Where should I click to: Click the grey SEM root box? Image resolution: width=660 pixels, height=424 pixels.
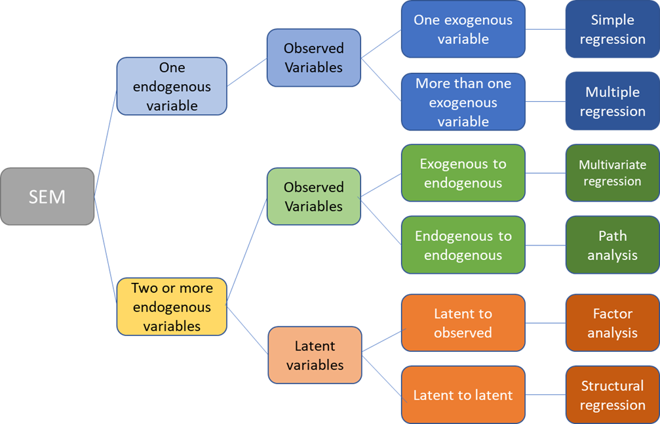click(x=47, y=196)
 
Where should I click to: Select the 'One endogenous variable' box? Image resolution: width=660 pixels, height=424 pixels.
click(x=172, y=86)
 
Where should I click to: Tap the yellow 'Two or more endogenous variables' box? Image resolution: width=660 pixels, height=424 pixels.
click(x=172, y=307)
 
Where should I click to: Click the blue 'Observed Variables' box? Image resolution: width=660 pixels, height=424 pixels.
click(x=313, y=58)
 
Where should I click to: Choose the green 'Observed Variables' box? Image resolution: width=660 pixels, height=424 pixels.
click(x=313, y=196)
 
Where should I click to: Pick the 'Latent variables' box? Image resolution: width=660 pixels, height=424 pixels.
click(x=315, y=354)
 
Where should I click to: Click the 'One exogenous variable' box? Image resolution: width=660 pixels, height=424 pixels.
click(x=463, y=30)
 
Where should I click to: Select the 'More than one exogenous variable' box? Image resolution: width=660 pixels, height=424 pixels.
click(x=463, y=102)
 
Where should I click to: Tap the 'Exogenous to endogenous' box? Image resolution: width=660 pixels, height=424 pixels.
click(x=463, y=173)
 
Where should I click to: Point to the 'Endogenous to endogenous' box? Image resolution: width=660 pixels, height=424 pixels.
click(x=463, y=245)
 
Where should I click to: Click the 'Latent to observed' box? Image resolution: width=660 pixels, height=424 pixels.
click(x=463, y=323)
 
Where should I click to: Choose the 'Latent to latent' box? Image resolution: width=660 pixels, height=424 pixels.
click(x=463, y=395)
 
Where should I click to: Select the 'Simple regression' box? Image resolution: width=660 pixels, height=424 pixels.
click(x=612, y=30)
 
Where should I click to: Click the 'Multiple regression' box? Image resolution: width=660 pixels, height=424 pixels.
click(x=612, y=102)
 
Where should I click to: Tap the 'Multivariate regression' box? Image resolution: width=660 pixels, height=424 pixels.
click(x=612, y=173)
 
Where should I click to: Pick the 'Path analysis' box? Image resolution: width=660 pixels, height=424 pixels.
click(x=612, y=245)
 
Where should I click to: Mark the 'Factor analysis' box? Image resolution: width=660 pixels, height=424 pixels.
click(x=612, y=323)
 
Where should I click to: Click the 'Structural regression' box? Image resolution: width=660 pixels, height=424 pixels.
click(x=612, y=395)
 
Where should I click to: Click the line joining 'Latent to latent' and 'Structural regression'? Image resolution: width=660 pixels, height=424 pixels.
click(x=545, y=395)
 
